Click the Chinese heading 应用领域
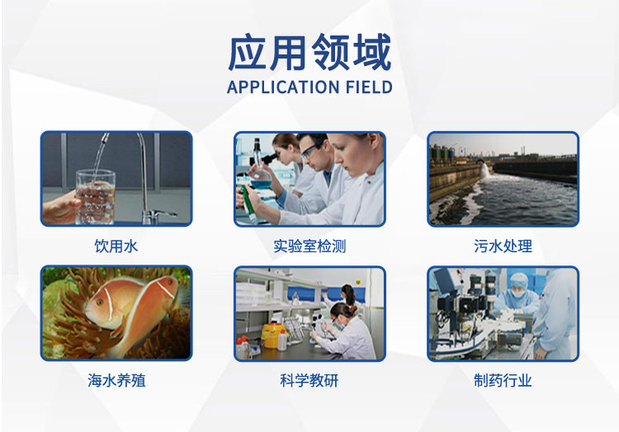click(309, 53)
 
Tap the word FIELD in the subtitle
click(369, 87)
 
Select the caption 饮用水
click(116, 247)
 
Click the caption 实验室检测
click(309, 247)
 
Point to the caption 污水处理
click(503, 247)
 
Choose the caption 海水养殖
click(116, 380)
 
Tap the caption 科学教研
click(309, 380)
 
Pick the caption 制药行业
click(503, 380)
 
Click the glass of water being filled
click(95, 196)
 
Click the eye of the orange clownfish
click(100, 303)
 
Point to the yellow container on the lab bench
click(272, 335)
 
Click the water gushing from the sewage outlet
click(484, 171)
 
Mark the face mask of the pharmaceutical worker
click(517, 293)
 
